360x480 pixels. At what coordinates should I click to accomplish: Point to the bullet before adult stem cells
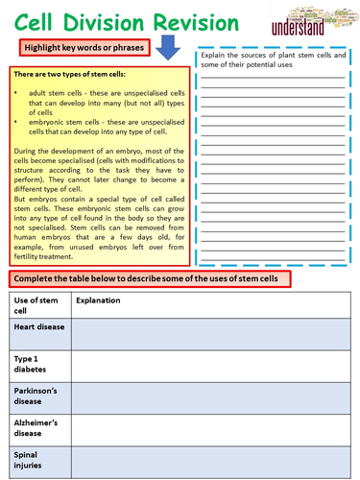click(18, 90)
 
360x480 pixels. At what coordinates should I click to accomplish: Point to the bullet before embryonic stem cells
click(18, 123)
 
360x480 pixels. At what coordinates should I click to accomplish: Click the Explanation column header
click(99, 300)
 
